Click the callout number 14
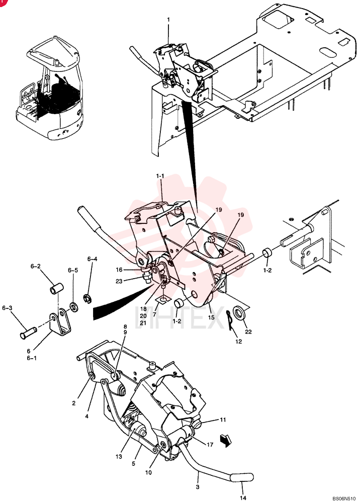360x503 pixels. point(243,498)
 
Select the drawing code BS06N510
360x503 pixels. point(344,498)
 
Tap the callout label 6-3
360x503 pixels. point(7,308)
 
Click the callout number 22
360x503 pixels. point(248,331)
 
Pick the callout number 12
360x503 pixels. point(238,342)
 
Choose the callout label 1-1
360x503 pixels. point(160,176)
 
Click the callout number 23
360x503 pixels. point(119,281)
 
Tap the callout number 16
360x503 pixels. point(119,270)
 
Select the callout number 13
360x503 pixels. point(119,457)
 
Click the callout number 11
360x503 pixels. point(223,420)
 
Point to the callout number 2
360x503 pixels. point(74,403)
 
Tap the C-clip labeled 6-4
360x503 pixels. point(86,299)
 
